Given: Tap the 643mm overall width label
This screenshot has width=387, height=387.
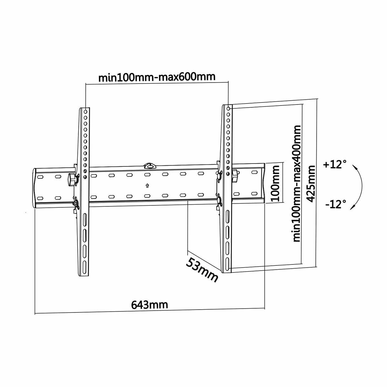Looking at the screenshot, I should (149, 304).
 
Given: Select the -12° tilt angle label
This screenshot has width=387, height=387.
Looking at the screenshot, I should (335, 204).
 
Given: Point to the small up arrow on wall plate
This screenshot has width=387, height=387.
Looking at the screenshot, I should (147, 185).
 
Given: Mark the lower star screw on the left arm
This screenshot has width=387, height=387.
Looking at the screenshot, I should (76, 203).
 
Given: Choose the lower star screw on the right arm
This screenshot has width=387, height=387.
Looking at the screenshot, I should (220, 200).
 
